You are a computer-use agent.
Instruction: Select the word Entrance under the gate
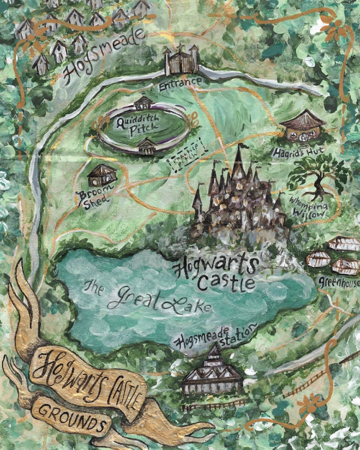coord(180,82)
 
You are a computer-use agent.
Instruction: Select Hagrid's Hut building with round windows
coord(302,126)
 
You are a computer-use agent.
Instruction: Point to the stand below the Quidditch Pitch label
coord(146,146)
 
